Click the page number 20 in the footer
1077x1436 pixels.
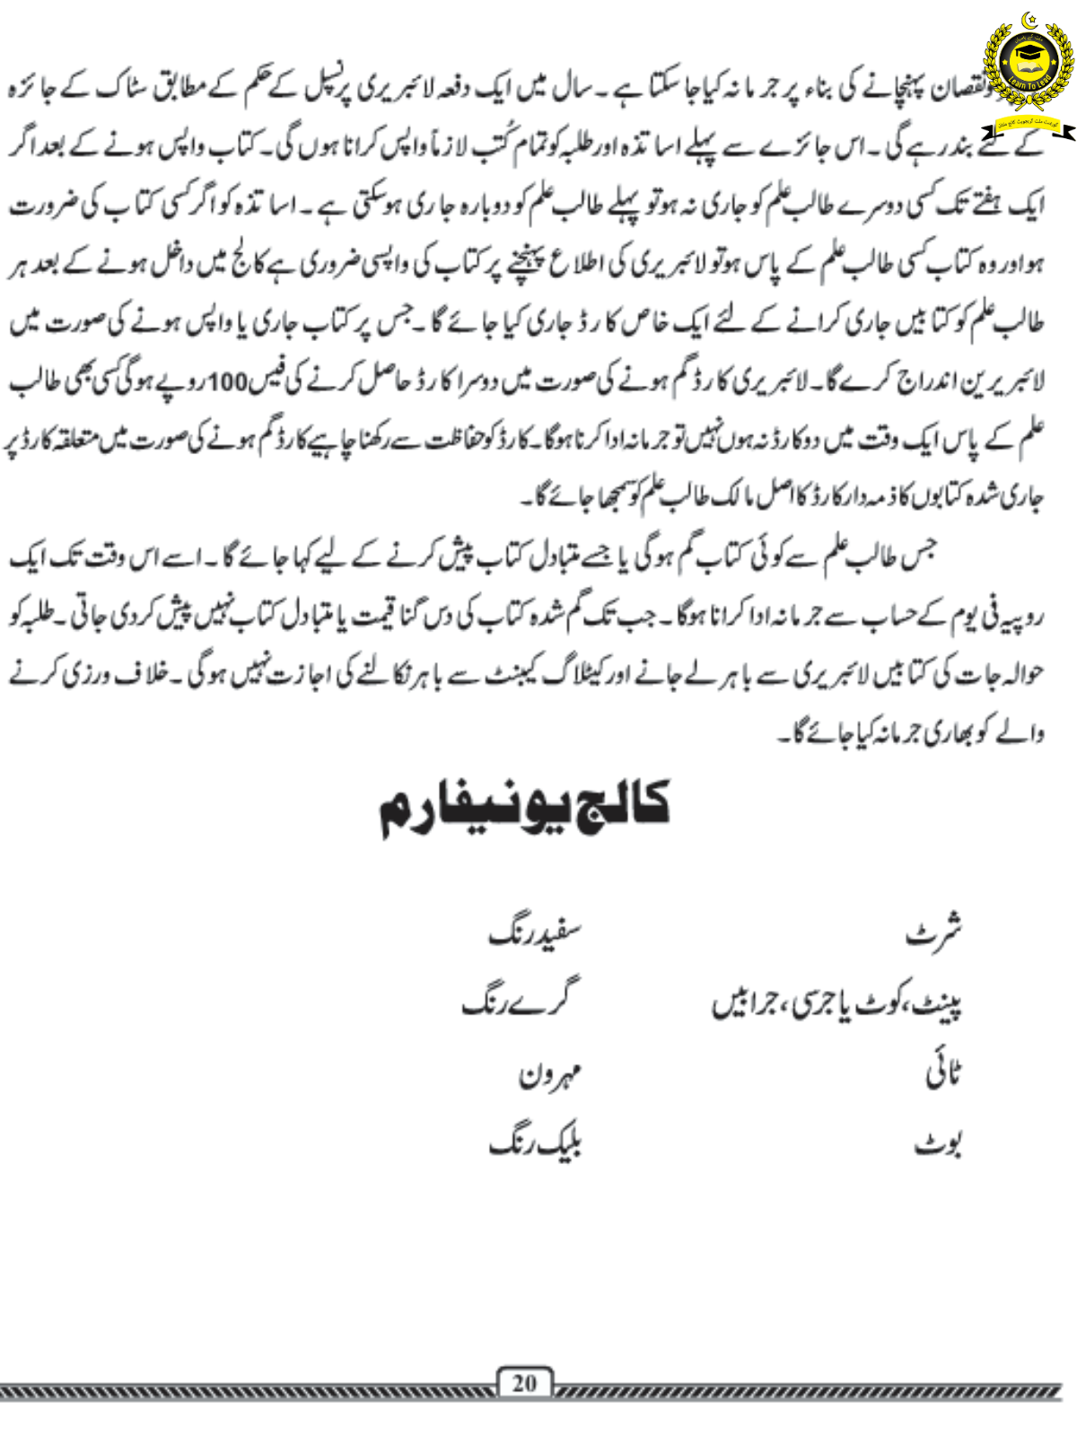(524, 1383)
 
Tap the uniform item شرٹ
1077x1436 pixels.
(933, 934)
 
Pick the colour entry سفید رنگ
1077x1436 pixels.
(535, 934)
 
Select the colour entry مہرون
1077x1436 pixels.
(550, 1074)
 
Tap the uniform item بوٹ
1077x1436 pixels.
(939, 1144)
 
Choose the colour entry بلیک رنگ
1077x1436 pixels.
(535, 1144)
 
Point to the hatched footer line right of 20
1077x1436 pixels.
(808, 1392)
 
